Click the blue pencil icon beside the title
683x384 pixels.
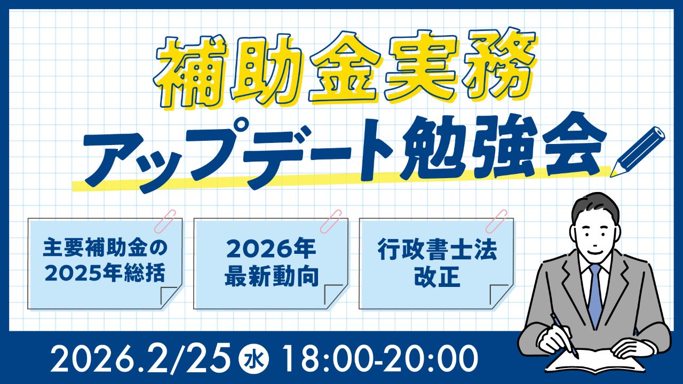coord(638,152)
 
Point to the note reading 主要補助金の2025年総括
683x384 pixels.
coord(105,261)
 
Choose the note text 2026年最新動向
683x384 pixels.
coord(271,262)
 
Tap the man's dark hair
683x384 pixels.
coord(592,205)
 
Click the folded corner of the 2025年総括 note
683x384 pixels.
coord(169,295)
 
